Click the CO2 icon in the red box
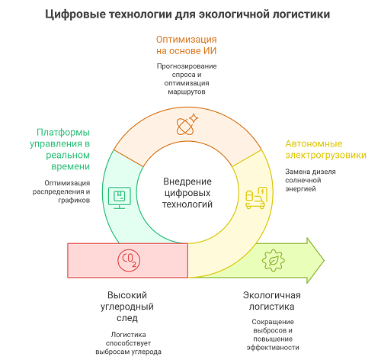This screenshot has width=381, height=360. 129,260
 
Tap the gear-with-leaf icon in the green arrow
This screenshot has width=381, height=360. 273,261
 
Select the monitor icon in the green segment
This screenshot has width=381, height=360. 120,198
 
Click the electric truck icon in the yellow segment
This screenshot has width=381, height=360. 256,198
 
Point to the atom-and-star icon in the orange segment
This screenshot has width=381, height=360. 187,124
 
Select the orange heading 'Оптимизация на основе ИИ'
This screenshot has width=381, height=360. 187,45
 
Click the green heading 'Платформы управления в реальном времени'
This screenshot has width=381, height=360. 60,149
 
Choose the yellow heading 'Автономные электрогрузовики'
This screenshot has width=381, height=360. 325,149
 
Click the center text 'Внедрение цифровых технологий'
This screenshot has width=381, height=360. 187,193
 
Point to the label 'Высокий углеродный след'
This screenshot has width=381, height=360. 127,307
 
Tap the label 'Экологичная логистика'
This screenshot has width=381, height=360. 272,301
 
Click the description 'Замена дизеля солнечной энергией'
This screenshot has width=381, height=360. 310,180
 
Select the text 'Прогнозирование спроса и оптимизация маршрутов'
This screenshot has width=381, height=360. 187,79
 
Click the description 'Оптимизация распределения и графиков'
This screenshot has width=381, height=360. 61,191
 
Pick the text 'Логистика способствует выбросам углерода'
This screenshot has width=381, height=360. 128,343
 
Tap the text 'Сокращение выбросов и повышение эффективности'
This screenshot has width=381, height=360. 273,335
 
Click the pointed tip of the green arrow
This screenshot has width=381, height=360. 325,261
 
